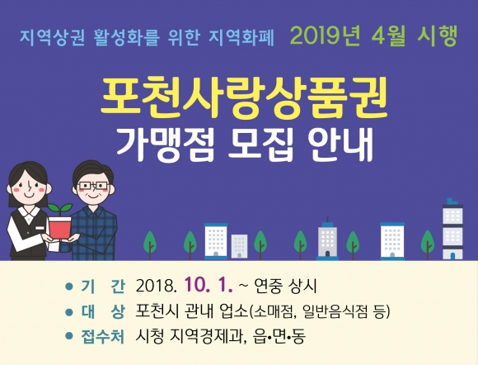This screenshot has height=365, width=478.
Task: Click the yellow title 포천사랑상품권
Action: click(244, 98)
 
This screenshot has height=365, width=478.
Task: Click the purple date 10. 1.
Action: click(209, 286)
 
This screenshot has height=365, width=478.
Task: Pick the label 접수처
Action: click(103, 337)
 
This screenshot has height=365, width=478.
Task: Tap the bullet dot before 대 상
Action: click(69, 312)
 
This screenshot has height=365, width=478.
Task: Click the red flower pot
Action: click(59, 228)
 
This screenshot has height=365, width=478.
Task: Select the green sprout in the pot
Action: click(60, 210)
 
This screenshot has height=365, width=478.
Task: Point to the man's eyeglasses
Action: click(93, 186)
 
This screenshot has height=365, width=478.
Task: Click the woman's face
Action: click(28, 187)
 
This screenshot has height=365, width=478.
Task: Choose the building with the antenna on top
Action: click(327, 239)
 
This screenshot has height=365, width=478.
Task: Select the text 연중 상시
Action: click(285, 287)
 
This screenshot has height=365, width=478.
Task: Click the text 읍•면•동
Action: click(279, 337)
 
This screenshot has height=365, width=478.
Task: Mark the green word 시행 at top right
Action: click(437, 36)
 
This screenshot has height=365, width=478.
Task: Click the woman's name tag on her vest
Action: click(40, 228)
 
